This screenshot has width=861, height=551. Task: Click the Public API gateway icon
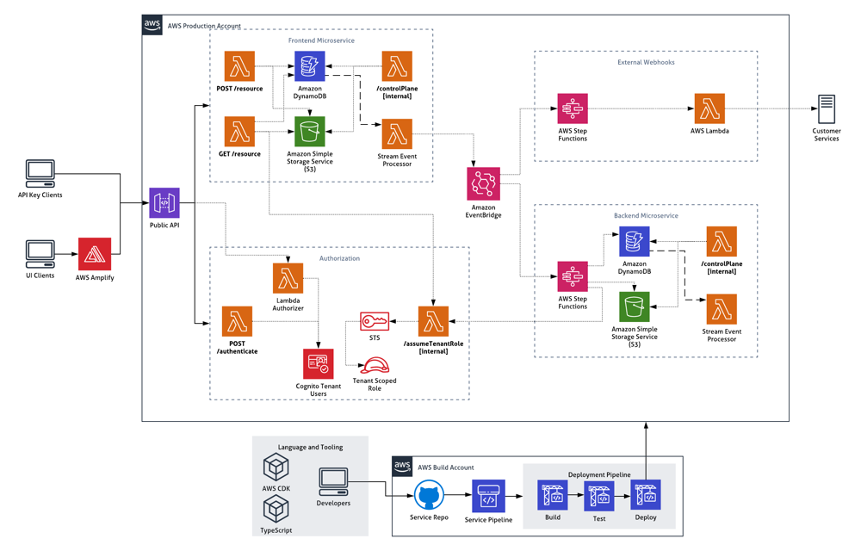click(x=164, y=203)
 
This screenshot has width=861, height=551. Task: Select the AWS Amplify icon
click(x=95, y=254)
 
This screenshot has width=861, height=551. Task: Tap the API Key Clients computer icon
click(x=40, y=174)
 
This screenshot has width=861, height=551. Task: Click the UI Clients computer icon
click(x=40, y=254)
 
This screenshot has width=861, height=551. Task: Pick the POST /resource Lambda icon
click(x=239, y=67)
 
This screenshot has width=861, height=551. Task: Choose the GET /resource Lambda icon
click(x=239, y=133)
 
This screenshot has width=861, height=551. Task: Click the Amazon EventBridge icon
click(x=483, y=184)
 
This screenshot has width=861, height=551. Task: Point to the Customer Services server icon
click(x=826, y=110)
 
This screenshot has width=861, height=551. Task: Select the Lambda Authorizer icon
click(x=288, y=278)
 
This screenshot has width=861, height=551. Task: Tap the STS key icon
click(x=375, y=321)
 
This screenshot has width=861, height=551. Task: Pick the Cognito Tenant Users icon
click(x=319, y=364)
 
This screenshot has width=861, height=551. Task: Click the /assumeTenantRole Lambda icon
click(x=433, y=321)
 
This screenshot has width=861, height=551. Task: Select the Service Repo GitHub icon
click(x=429, y=497)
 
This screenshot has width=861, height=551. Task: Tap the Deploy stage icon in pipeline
click(x=645, y=496)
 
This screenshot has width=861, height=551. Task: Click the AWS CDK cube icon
click(x=276, y=467)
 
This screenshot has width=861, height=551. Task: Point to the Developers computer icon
click(x=333, y=482)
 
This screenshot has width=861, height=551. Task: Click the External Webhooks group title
click(x=646, y=63)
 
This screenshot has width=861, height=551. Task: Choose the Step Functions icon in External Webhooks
click(x=573, y=109)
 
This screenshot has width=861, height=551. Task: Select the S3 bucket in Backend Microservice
click(x=635, y=306)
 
